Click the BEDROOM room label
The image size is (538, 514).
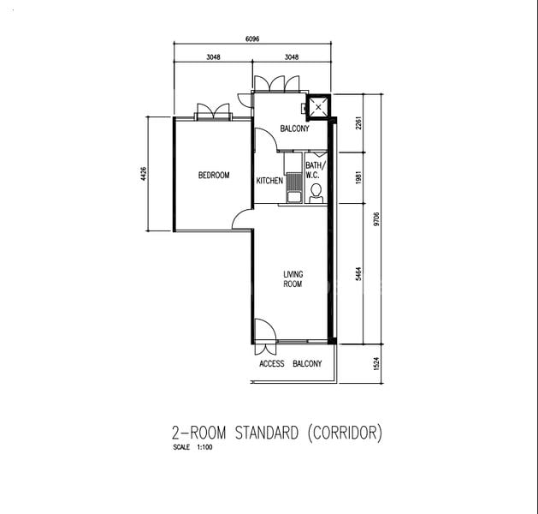click(x=214, y=176)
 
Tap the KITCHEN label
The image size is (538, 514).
click(x=269, y=181)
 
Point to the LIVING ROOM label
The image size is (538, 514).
click(x=293, y=279)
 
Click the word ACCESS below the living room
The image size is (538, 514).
click(x=272, y=364)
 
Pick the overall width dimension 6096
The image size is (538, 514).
click(x=252, y=39)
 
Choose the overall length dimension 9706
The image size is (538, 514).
click(x=376, y=219)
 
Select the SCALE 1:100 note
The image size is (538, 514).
click(x=192, y=447)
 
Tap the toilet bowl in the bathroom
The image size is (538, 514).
click(x=316, y=190)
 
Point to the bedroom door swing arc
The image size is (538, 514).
click(x=243, y=221)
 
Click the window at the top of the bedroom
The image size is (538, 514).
click(x=213, y=113)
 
